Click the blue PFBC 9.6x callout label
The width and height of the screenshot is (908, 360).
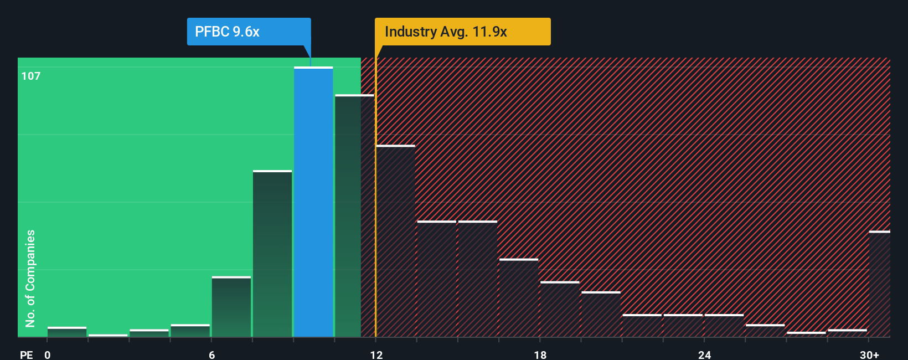click(x=249, y=32)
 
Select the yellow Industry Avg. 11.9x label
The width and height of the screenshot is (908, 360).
click(x=462, y=32)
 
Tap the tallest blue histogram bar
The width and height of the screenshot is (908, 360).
click(x=313, y=202)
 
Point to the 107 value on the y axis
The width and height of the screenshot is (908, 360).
click(x=31, y=76)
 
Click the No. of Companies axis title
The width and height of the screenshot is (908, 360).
click(x=30, y=278)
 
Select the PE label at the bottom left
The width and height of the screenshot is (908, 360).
click(x=26, y=354)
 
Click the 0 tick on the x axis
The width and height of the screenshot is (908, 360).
click(x=48, y=354)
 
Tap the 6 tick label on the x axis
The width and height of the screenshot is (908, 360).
click(x=211, y=354)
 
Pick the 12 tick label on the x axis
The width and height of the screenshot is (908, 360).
click(x=376, y=354)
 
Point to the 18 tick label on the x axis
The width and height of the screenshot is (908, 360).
click(x=540, y=354)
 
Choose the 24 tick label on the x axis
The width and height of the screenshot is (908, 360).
click(x=704, y=354)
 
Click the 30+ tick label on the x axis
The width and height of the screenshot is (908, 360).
click(x=869, y=354)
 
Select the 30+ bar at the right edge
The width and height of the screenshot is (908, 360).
click(x=879, y=284)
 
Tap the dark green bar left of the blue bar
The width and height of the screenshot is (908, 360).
click(x=272, y=254)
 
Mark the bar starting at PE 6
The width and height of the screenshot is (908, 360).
click(x=231, y=307)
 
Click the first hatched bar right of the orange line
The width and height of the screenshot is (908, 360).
click(x=396, y=241)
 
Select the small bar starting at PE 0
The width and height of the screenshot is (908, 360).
click(x=67, y=332)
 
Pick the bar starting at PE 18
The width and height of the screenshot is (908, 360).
click(x=560, y=309)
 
